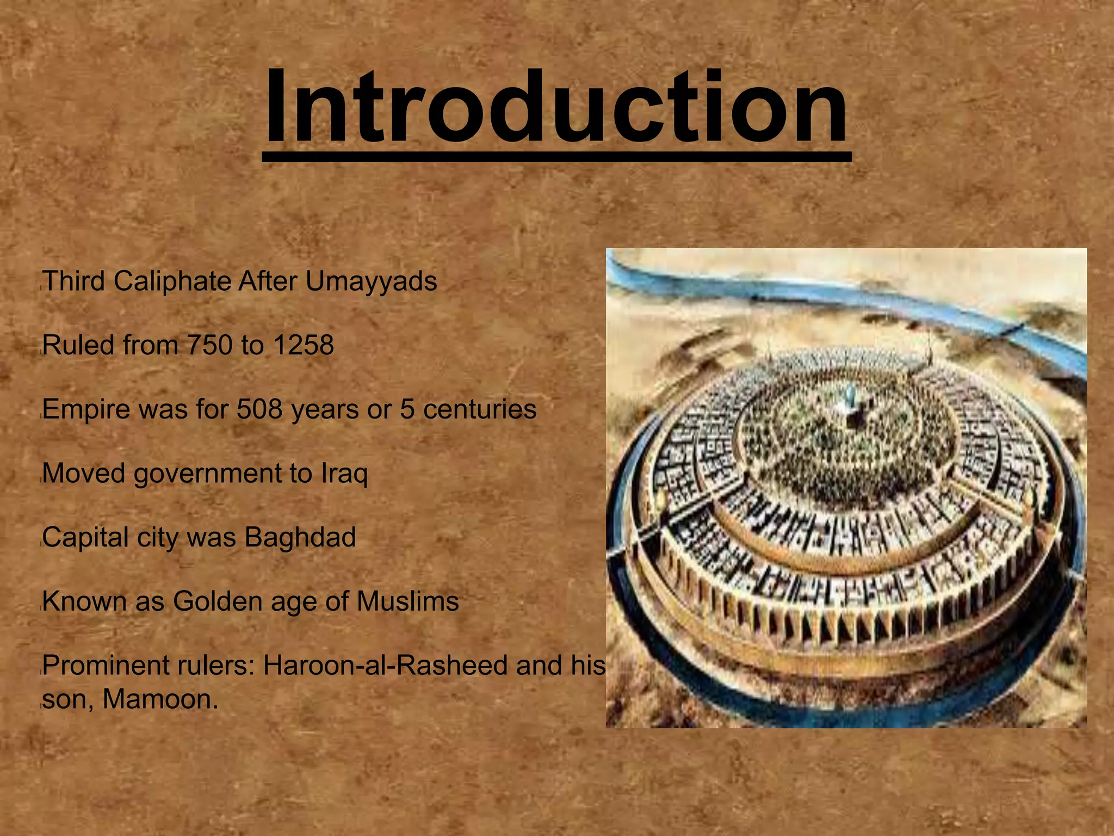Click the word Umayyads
[x=371, y=282]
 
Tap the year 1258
[x=304, y=346]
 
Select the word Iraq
[x=344, y=474]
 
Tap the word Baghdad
[x=300, y=537]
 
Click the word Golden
[x=218, y=601]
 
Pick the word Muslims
[x=407, y=601]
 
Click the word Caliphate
[x=172, y=282]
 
